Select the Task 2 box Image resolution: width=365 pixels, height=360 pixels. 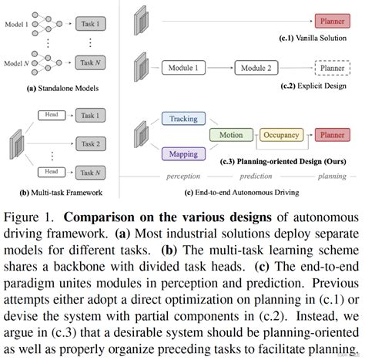tap(91, 143)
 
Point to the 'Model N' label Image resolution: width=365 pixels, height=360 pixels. tap(16, 62)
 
